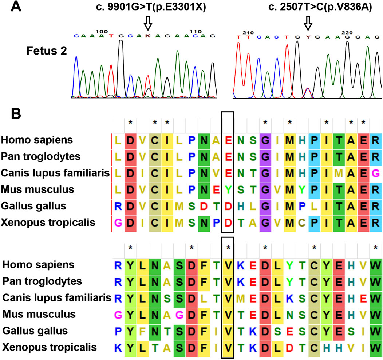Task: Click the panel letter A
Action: (14, 6)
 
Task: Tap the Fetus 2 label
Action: (46, 51)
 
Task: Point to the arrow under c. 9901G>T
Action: (148, 24)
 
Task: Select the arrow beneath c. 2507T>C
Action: (308, 24)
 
